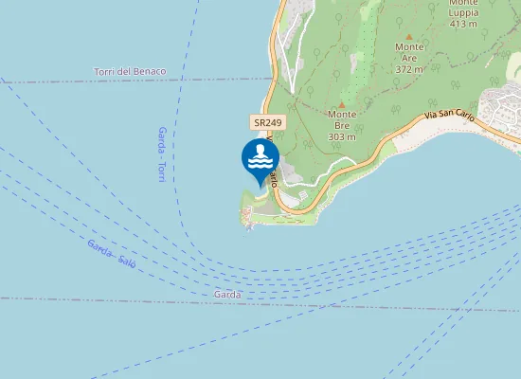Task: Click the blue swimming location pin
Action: [x=260, y=158]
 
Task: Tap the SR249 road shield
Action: [x=268, y=123]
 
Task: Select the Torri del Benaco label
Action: [x=130, y=72]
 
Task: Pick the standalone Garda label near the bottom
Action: [x=227, y=295]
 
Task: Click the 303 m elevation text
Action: [x=341, y=136]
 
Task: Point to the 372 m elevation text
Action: [x=409, y=69]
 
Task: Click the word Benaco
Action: [x=150, y=72]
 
